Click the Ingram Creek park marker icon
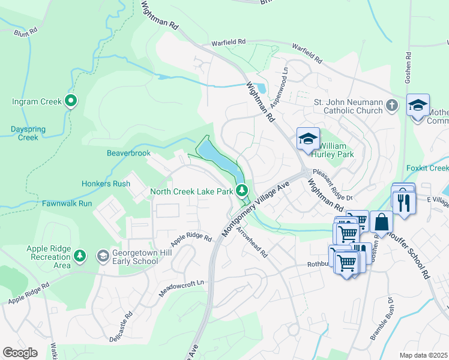[x=71, y=101]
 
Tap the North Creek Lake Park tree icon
[x=242, y=191]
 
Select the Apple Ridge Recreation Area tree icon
[x=80, y=257]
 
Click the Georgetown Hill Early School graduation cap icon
[x=103, y=256]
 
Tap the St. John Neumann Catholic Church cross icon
[x=391, y=106]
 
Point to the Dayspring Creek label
[x=24, y=133]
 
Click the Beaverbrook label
[x=128, y=154]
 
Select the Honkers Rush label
[x=106, y=184]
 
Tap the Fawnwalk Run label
[x=67, y=203]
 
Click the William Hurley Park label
[x=336, y=150]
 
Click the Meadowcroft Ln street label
[x=182, y=287]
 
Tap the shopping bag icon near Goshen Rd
[x=381, y=222]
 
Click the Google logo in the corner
[x=20, y=353]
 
